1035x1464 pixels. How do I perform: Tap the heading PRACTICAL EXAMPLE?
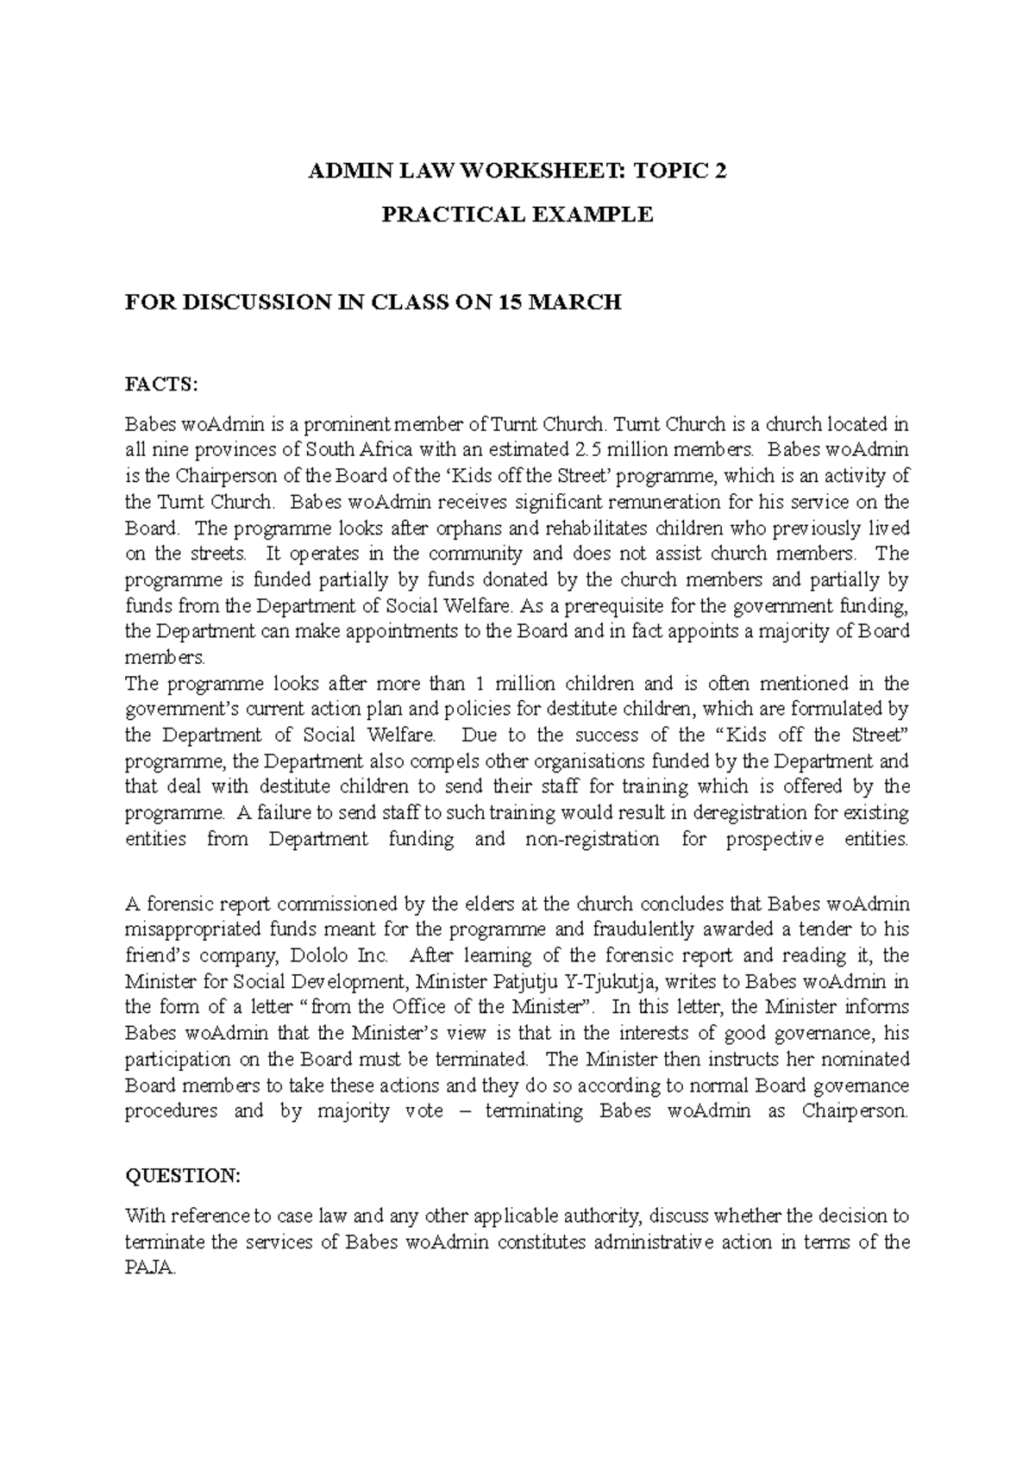pos(517,215)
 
